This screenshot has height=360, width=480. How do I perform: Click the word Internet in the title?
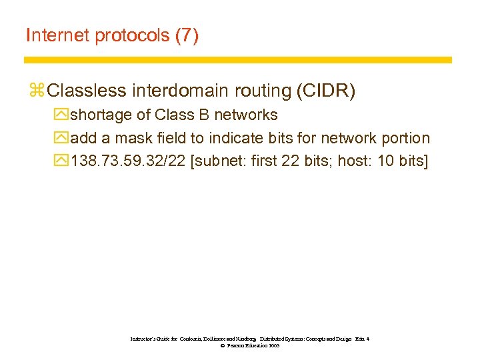pos(58,35)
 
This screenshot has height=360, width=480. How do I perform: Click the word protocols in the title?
pos(132,35)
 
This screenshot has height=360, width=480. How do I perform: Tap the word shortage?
pos(101,115)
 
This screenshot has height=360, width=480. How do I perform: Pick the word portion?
pos(405,138)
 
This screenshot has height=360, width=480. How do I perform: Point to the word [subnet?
pos(221,161)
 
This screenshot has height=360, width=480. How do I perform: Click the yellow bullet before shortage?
pos(61,115)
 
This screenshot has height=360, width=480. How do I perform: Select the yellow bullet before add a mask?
pos(61,138)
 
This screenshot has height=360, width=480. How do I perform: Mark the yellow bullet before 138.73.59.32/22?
pos(61,161)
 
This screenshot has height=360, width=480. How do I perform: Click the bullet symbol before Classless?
pos(37,90)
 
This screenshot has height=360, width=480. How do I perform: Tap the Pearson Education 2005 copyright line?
pos(249,346)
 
